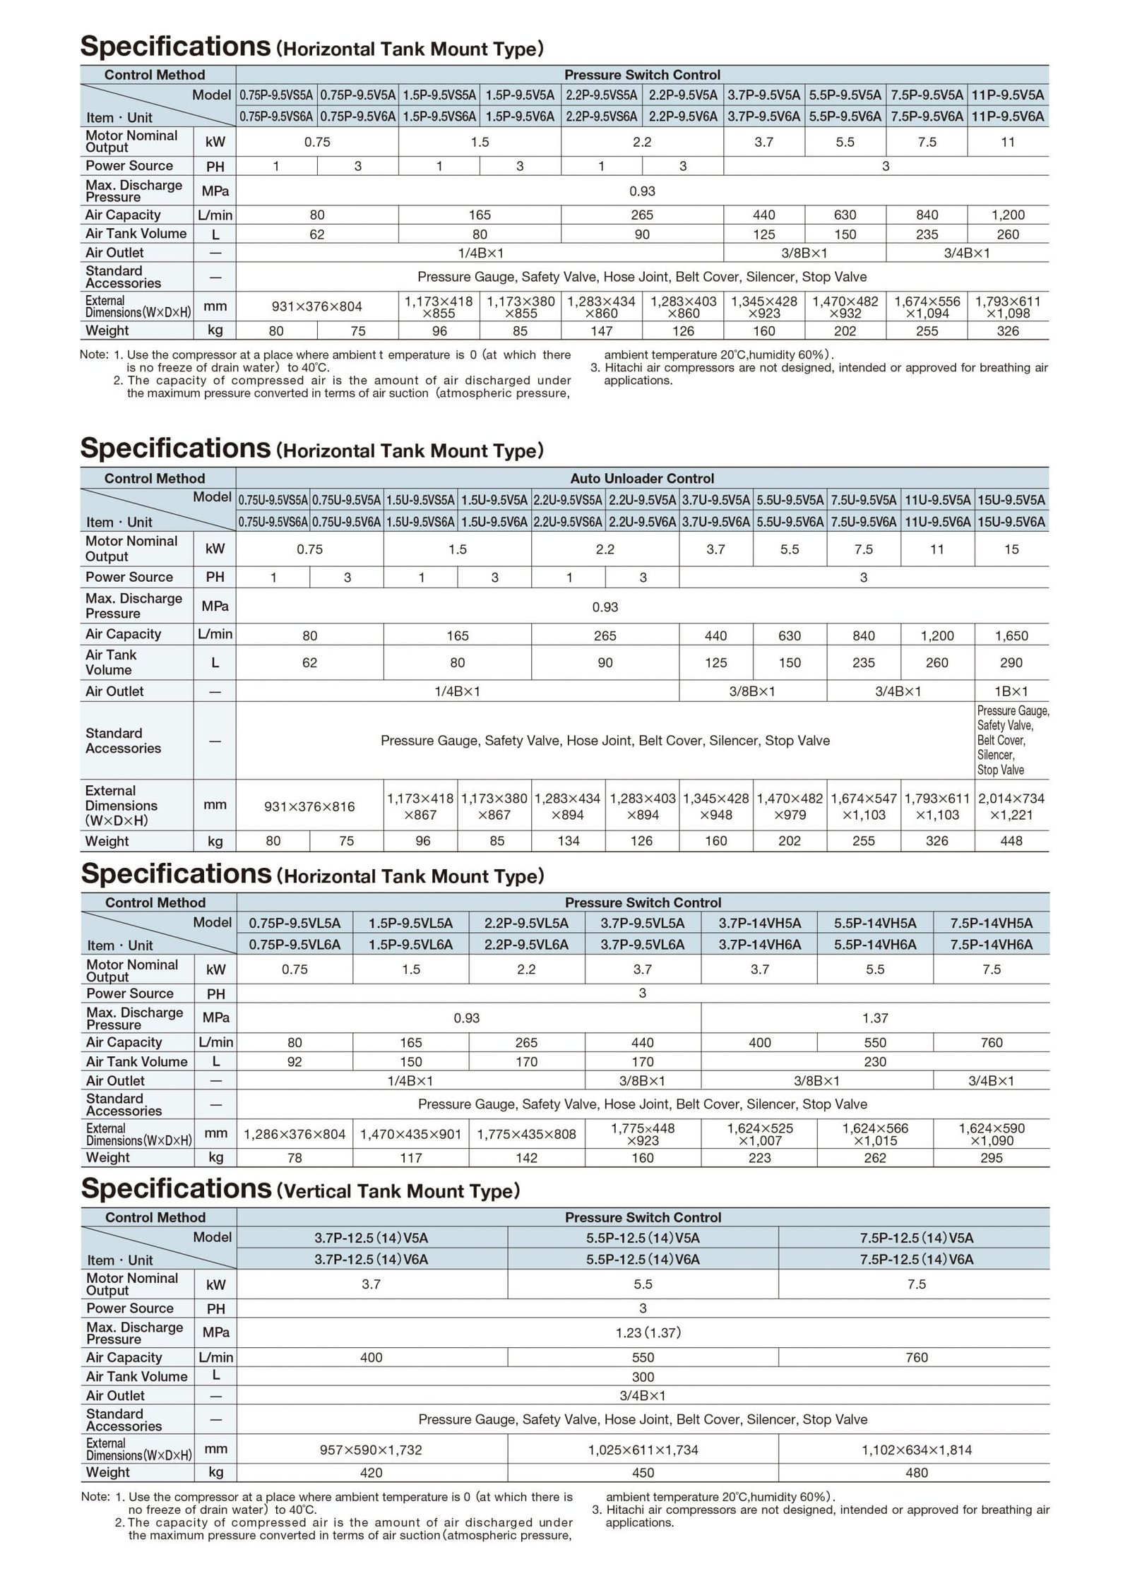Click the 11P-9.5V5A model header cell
(1008, 95)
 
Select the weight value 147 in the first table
(601, 330)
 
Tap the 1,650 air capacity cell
(1011, 635)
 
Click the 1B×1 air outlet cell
(1011, 691)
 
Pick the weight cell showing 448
(1011, 841)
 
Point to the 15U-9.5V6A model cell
(1011, 522)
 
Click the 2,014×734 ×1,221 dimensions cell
(1011, 806)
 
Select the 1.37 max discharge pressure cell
(875, 1018)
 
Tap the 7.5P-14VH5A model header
(992, 923)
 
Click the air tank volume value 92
(295, 1062)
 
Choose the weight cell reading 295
(992, 1158)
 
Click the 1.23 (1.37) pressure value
(643, 1333)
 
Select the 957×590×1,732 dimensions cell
(371, 1450)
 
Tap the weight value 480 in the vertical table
(916, 1473)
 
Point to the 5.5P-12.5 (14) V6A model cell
(643, 1259)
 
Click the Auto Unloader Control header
(642, 479)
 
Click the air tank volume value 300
(643, 1377)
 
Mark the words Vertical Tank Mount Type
(398, 1192)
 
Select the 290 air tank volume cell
(1011, 663)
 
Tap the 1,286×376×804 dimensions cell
(295, 1135)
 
